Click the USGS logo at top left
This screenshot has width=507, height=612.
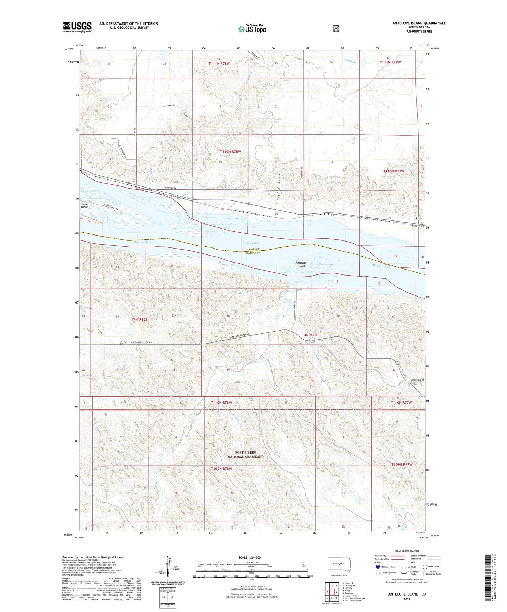(77, 27)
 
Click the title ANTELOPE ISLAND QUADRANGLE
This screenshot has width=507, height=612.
(419, 23)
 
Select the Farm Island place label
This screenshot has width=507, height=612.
(85, 205)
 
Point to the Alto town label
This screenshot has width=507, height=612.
(418, 218)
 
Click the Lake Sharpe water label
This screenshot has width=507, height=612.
(251, 243)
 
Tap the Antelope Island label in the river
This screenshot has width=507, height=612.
(301, 264)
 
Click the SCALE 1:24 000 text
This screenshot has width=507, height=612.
(249, 557)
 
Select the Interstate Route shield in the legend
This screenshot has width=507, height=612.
(378, 567)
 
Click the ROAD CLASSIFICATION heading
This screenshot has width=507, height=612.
(406, 551)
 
